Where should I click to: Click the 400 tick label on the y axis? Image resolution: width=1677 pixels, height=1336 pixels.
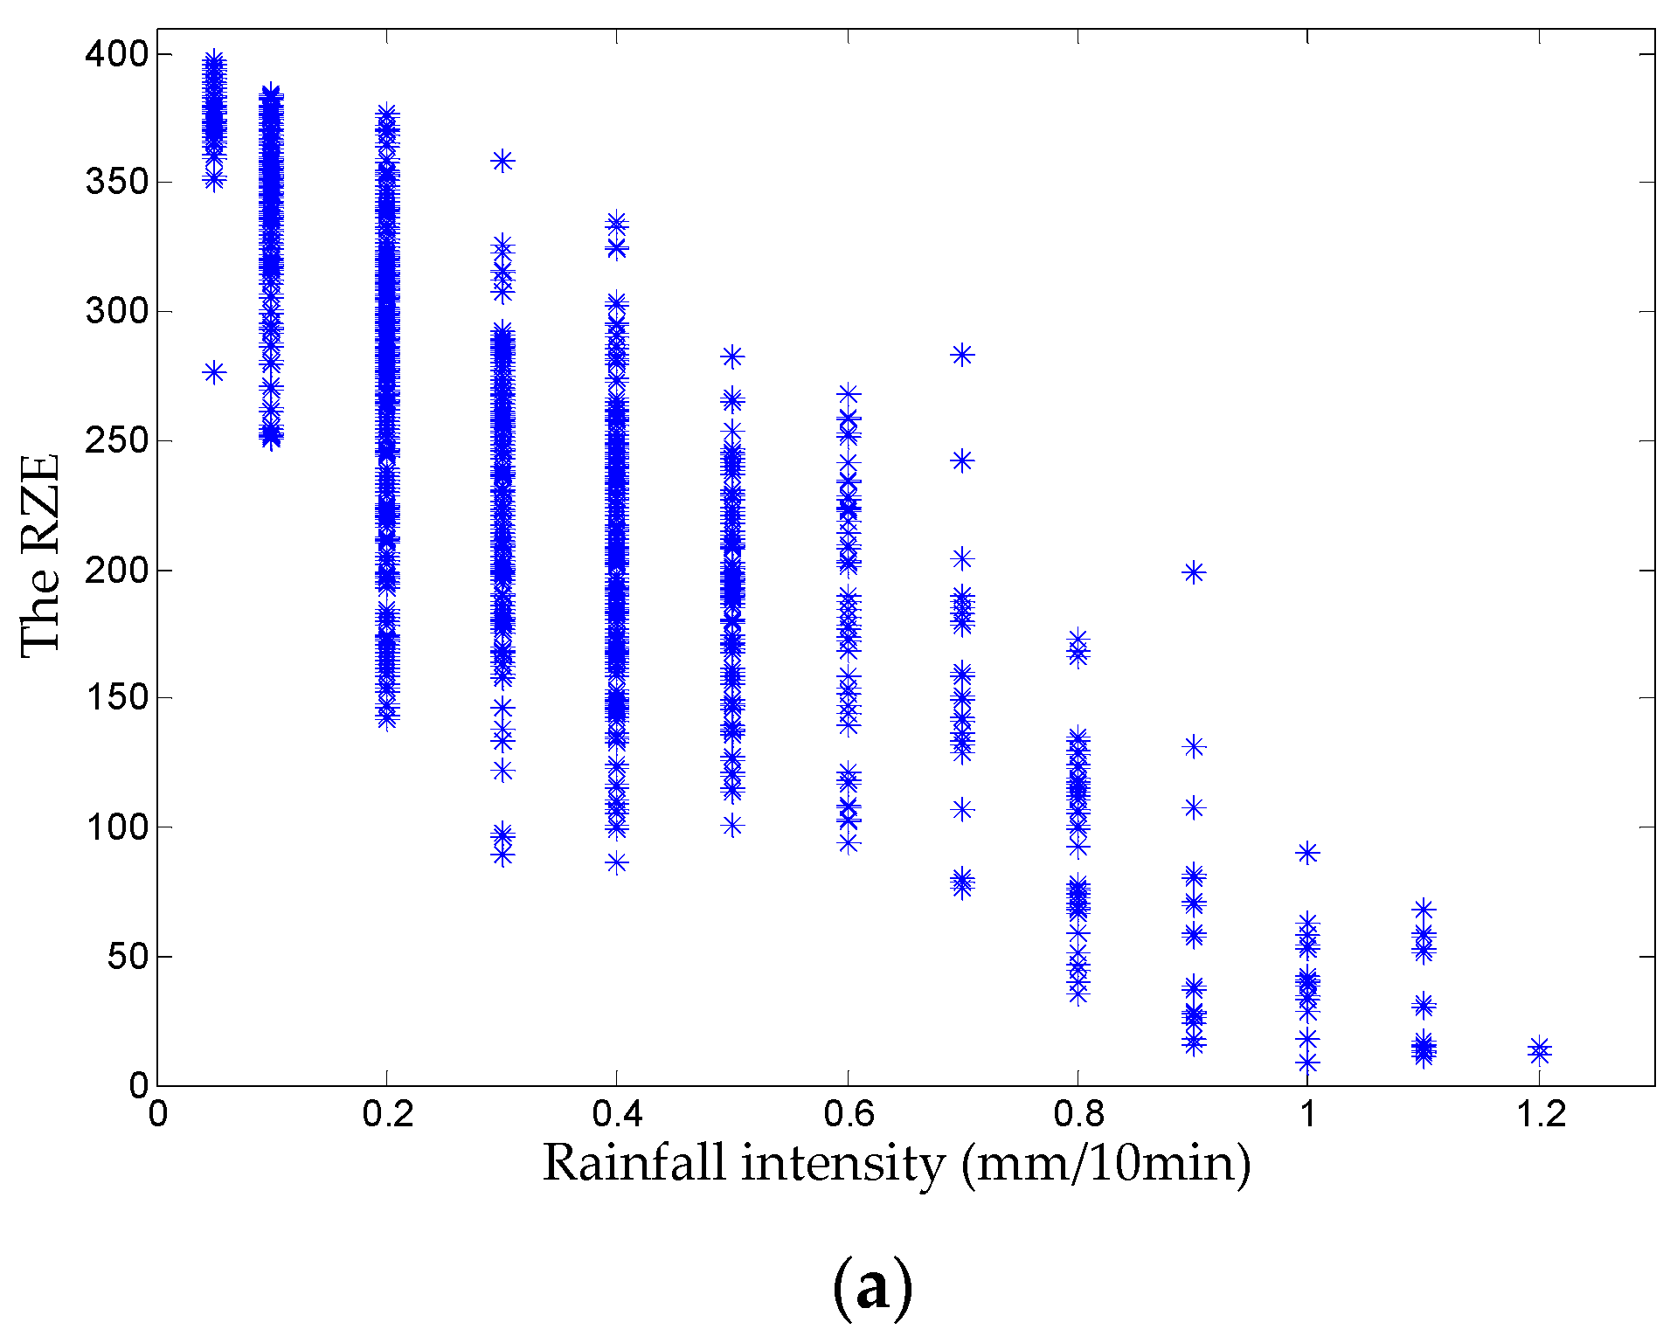click(117, 54)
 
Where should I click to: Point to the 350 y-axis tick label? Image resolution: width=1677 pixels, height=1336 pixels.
click(117, 183)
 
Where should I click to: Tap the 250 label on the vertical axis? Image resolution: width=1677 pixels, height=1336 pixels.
click(117, 440)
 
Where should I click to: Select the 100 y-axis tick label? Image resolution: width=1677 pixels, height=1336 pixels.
click(117, 827)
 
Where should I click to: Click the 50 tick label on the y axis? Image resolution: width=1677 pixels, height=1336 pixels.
click(128, 956)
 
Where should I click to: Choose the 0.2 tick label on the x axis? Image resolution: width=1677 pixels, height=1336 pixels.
click(387, 1114)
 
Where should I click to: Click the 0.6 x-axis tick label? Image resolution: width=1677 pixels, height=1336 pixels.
click(848, 1114)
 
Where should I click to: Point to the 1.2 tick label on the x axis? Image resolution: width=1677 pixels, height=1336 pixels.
click(1539, 1114)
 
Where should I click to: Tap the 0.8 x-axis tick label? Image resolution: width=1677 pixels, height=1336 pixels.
click(1078, 1114)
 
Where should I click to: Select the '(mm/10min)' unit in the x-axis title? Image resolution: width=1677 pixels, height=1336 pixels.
click(1105, 1164)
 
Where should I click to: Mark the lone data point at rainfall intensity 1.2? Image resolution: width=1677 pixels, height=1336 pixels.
click(1540, 1051)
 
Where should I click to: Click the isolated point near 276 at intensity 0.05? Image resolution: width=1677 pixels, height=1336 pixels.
click(214, 373)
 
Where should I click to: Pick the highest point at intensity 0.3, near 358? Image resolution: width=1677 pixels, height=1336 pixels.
click(502, 161)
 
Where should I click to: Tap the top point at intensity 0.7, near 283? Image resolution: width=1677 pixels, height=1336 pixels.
click(962, 355)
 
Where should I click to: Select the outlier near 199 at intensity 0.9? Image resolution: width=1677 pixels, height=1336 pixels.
click(1194, 572)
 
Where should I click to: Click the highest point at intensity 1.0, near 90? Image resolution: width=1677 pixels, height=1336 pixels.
click(1307, 853)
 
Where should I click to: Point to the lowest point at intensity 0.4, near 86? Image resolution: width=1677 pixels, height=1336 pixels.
click(617, 863)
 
